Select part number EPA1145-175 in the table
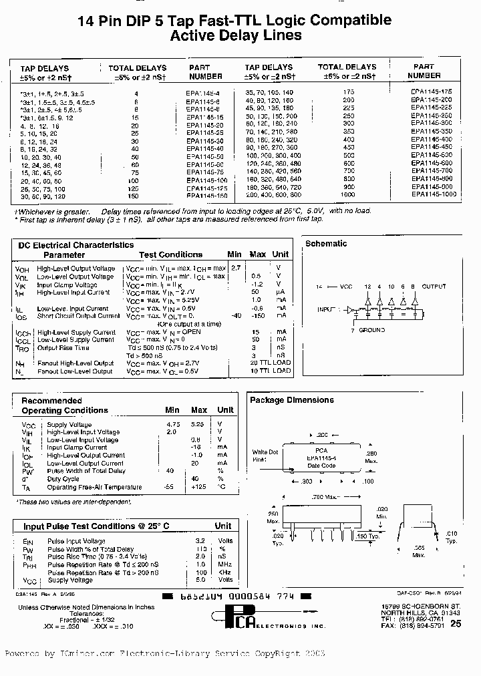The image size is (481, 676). pos(432,92)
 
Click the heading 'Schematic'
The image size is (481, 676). pos(326,244)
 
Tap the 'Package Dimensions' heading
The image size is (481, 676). pos(291,400)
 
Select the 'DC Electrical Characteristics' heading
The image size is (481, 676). pos(75,245)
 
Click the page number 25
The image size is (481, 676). pos(456,624)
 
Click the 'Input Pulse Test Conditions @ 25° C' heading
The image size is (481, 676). pos(96,526)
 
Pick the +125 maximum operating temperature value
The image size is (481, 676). pos(198,487)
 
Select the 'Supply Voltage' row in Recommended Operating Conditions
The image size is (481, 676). pos(69,425)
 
